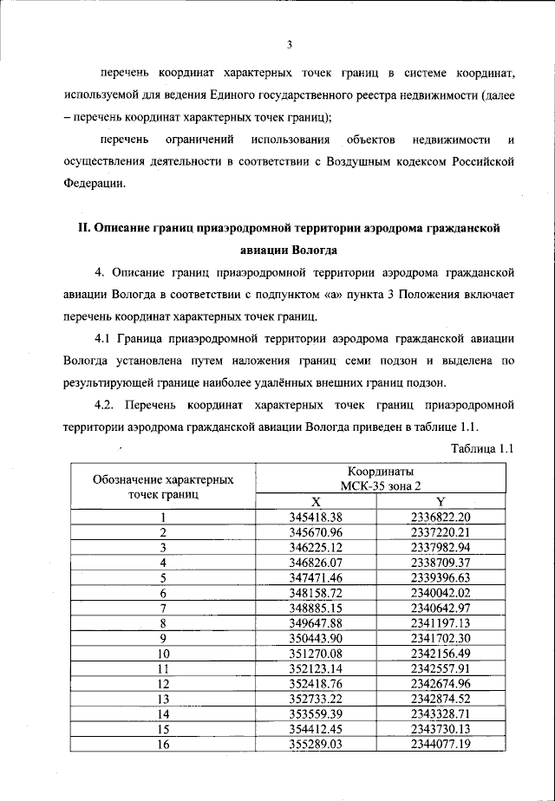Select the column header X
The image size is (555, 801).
(x=316, y=502)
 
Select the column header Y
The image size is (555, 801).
(x=440, y=502)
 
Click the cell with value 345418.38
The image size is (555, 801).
(x=316, y=518)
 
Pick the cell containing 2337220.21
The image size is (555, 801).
(x=440, y=532)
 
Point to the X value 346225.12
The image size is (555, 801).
(x=316, y=547)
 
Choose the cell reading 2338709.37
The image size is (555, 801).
(x=440, y=562)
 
